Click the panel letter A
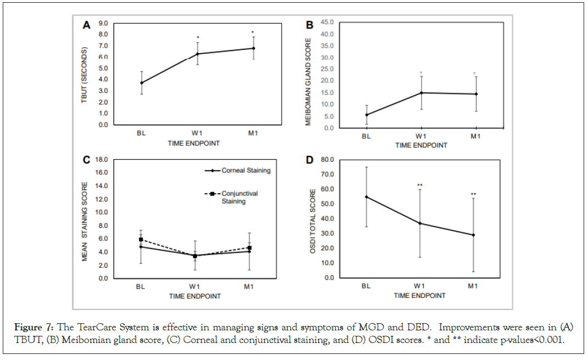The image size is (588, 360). (x=86, y=25)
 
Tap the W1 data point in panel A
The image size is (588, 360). (x=198, y=54)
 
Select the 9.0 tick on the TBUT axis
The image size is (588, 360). (x=103, y=24)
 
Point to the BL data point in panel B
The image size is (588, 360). (x=366, y=115)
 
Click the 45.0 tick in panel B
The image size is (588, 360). (x=327, y=22)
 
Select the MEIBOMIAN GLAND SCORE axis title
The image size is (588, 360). (x=309, y=81)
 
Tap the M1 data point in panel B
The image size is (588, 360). (x=475, y=94)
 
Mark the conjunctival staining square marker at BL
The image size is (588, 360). (x=141, y=240)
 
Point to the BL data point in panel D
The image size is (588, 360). (x=366, y=197)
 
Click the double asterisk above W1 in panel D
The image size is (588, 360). (x=419, y=185)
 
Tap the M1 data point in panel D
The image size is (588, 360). (x=473, y=235)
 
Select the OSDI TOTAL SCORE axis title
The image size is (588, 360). (x=313, y=218)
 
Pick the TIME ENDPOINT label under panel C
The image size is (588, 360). (x=195, y=296)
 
